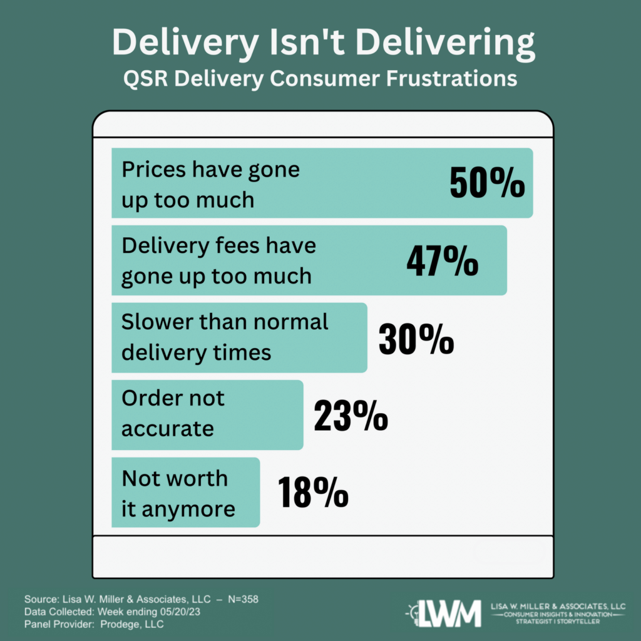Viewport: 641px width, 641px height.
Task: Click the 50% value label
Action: click(x=487, y=183)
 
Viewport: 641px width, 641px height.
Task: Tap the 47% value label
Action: click(x=442, y=261)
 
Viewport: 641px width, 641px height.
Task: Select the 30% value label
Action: click(x=416, y=339)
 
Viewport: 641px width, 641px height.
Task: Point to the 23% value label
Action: click(x=351, y=416)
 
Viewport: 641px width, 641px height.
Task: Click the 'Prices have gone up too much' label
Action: click(x=210, y=184)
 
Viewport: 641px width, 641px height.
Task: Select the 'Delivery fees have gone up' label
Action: click(x=218, y=261)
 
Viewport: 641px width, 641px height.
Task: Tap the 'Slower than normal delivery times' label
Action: click(x=224, y=337)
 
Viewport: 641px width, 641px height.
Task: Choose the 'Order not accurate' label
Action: click(x=173, y=414)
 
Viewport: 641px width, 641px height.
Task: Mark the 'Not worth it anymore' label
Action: click(x=178, y=493)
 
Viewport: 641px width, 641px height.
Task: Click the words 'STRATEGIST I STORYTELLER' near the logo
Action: click(x=559, y=624)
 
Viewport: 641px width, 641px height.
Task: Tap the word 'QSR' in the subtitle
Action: click(x=144, y=78)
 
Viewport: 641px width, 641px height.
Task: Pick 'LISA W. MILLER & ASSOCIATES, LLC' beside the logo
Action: click(x=559, y=607)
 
